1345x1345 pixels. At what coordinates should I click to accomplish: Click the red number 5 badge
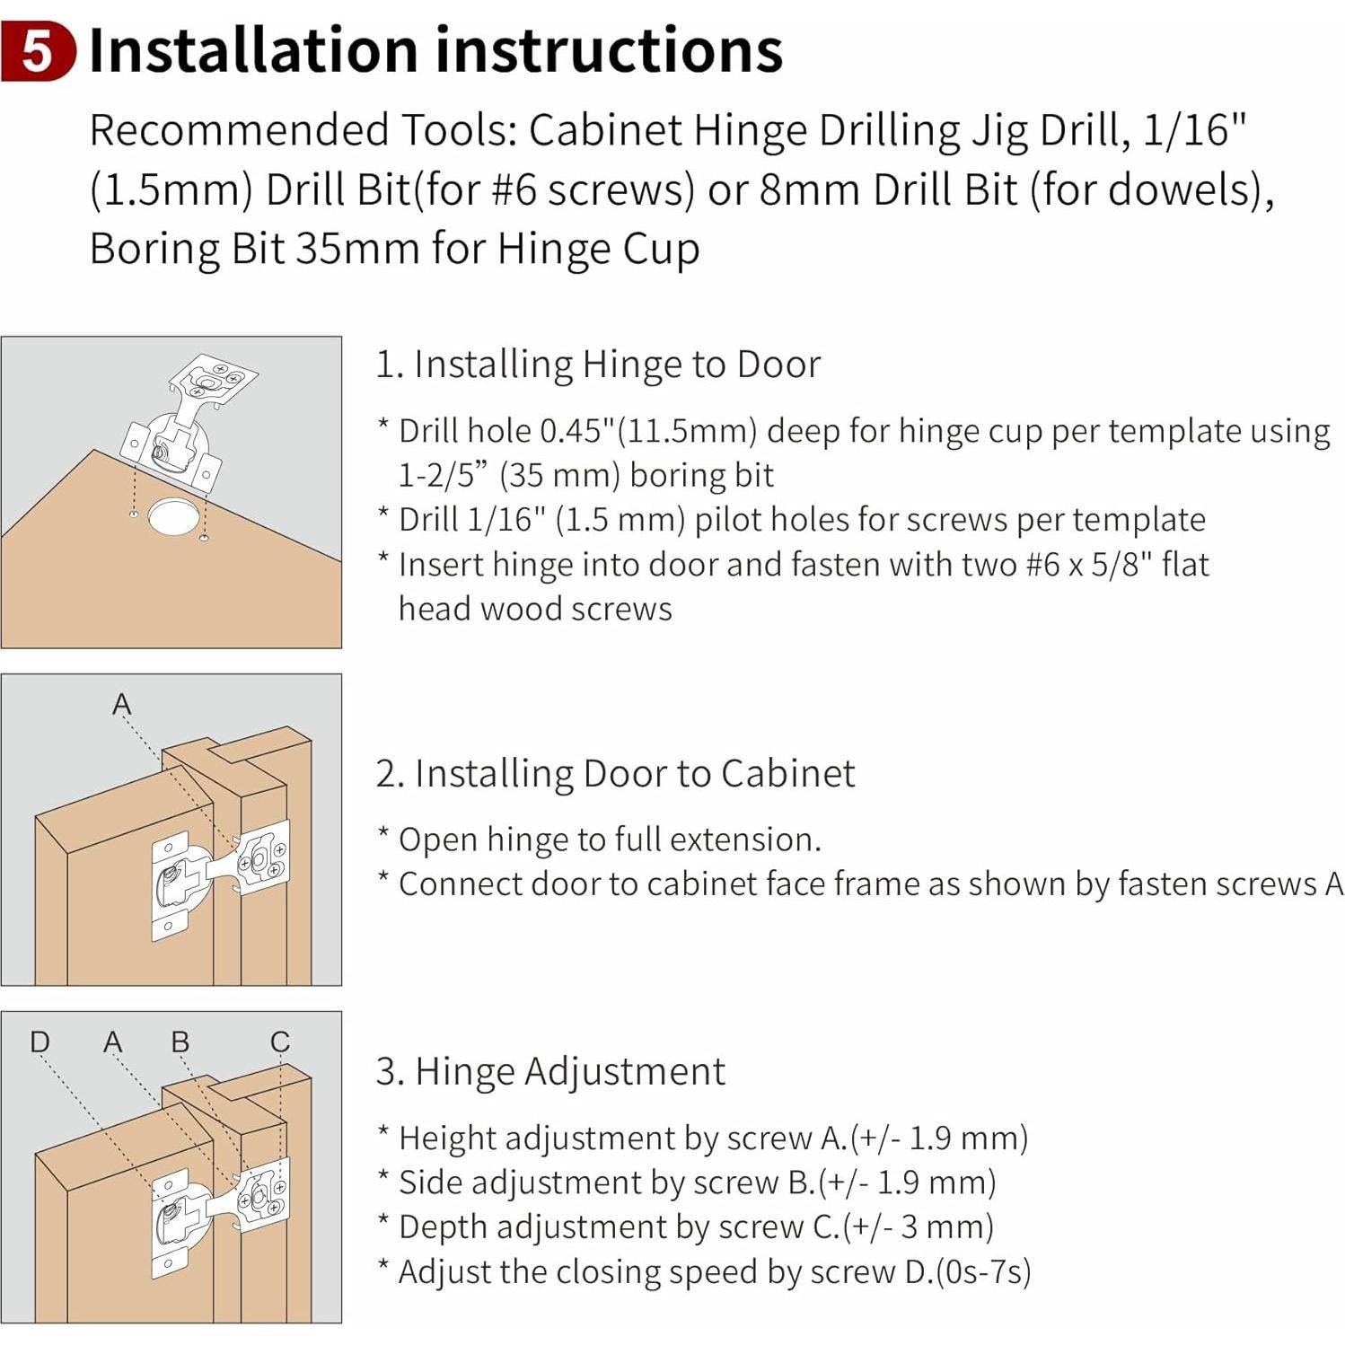click(x=38, y=52)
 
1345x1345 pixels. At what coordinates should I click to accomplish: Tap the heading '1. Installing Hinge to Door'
click(x=598, y=365)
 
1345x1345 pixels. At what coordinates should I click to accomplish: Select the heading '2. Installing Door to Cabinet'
click(x=615, y=773)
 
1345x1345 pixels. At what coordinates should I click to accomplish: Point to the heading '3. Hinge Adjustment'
click(x=550, y=1071)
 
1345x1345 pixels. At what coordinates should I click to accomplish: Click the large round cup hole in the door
click(x=173, y=515)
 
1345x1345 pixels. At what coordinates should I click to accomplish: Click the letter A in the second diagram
click(x=121, y=704)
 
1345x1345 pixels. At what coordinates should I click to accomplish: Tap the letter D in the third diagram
click(x=40, y=1042)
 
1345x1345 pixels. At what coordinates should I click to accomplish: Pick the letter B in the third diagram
click(x=180, y=1042)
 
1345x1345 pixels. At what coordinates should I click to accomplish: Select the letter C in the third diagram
click(x=280, y=1042)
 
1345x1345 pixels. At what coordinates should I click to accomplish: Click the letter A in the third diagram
click(x=112, y=1042)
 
